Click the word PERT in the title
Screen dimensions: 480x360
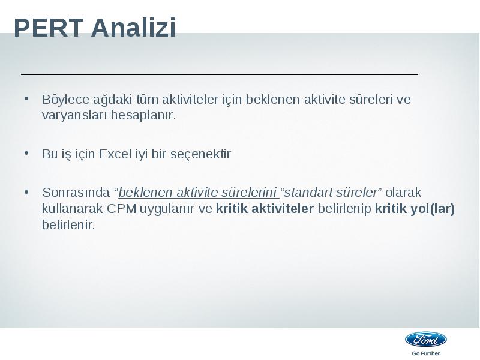click(x=49, y=28)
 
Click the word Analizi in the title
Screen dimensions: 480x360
click(x=133, y=28)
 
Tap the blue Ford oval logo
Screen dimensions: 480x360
click(x=426, y=340)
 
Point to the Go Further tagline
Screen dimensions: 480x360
click(x=426, y=353)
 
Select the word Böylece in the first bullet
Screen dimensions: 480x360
click(x=65, y=100)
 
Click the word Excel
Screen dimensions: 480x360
click(x=115, y=154)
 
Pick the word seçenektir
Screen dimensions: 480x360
click(x=200, y=154)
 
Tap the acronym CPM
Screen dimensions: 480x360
click(x=122, y=209)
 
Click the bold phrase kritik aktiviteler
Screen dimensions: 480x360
click(x=265, y=208)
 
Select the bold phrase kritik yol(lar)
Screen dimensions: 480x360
click(x=415, y=209)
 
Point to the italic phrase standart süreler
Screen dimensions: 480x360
click(x=331, y=193)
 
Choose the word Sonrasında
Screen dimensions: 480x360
click(x=76, y=193)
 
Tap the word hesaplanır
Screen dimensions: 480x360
click(x=143, y=115)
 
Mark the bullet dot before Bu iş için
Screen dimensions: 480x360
click(x=26, y=153)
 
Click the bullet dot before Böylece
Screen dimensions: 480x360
click(x=26, y=98)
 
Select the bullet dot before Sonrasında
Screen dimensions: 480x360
click(x=26, y=192)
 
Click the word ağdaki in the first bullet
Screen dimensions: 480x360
click(x=113, y=100)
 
